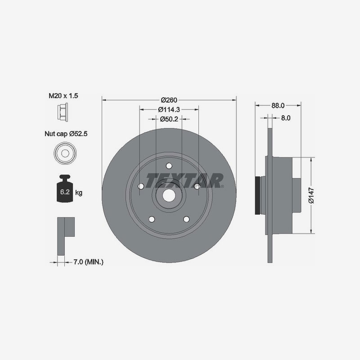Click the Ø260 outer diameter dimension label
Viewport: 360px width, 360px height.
169,100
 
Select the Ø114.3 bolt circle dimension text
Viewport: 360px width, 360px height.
169,109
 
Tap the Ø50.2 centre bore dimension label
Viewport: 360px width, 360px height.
169,119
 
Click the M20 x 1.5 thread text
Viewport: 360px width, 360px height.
64,96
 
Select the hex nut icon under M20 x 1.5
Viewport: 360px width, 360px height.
63,112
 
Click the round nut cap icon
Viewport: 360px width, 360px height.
64,153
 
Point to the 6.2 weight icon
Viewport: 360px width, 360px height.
64,191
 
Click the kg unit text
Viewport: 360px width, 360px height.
79,193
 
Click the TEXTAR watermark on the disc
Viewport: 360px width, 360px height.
185,180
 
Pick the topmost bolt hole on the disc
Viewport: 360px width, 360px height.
169,166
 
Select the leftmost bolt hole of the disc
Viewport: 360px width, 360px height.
141,186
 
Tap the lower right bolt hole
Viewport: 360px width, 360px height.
186,219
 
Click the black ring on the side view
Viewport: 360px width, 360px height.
258,195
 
